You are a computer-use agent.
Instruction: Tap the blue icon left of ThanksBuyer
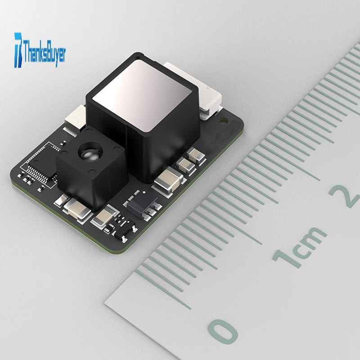(x=18, y=50)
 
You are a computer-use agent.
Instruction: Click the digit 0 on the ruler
(x=222, y=332)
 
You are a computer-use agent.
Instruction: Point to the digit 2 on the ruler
(x=345, y=196)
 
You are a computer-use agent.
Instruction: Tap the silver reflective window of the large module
(x=142, y=94)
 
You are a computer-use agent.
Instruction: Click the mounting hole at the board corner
(x=223, y=120)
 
